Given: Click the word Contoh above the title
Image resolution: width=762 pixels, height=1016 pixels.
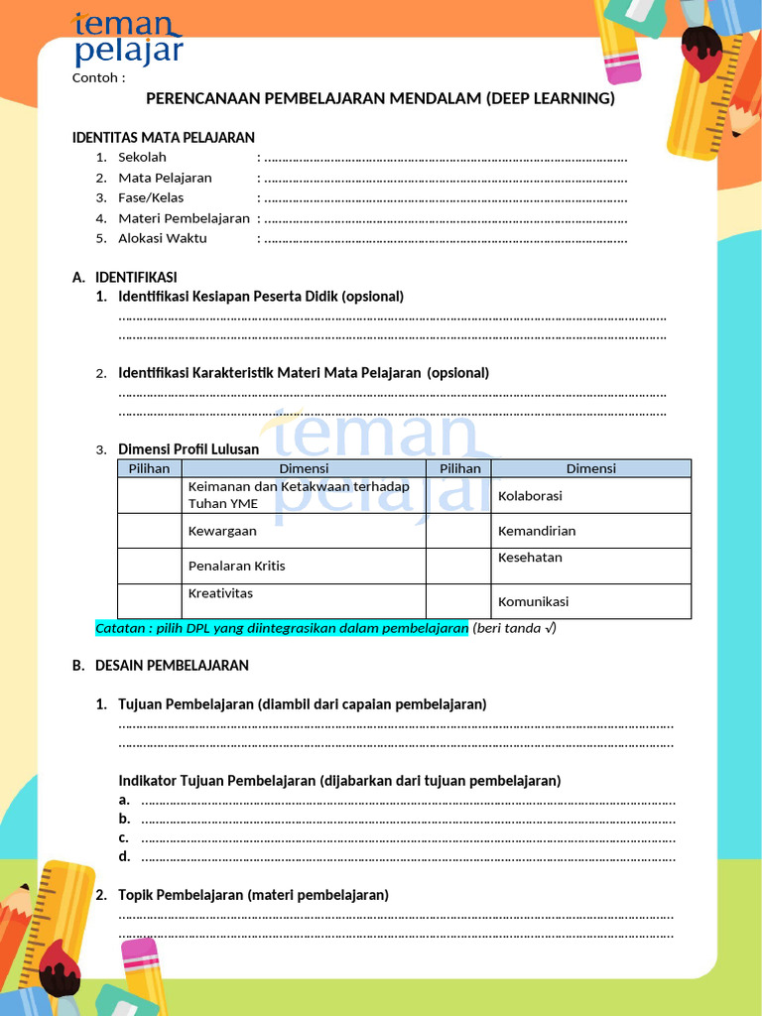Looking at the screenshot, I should tap(98, 78).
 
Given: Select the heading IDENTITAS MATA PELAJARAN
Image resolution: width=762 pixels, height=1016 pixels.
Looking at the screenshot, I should tap(164, 137).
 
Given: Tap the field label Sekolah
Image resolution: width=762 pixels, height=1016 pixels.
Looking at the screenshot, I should tap(142, 157).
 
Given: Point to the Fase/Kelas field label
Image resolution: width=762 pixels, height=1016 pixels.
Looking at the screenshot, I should tap(151, 197).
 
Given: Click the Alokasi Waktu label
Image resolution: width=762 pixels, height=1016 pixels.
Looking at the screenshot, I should tap(163, 238).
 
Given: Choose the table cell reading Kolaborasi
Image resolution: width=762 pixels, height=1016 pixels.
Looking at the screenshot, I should tap(530, 495).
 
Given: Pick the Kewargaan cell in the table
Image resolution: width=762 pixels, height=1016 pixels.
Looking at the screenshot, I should tap(222, 531).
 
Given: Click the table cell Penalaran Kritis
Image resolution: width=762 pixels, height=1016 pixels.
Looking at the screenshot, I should tap(236, 566).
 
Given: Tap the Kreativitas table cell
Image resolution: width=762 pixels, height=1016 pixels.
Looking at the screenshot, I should tap(220, 593).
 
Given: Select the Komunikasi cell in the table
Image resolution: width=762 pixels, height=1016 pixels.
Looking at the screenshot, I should tap(533, 601).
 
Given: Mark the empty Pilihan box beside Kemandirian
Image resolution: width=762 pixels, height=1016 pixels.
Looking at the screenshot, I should tap(458, 531).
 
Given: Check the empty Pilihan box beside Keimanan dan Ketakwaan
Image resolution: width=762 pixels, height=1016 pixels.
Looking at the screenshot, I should tap(150, 495).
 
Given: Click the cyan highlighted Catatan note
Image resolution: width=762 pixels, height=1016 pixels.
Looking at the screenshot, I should tap(282, 628).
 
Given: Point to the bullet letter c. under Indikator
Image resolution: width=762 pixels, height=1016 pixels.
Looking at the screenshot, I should tap(124, 837).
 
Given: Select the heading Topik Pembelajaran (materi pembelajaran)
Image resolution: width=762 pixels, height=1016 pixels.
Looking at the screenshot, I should tap(253, 895).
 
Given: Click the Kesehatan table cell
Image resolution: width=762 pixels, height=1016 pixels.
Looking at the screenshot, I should tap(530, 558).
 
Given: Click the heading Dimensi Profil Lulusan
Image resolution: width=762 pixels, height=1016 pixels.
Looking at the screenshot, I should tap(189, 449).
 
